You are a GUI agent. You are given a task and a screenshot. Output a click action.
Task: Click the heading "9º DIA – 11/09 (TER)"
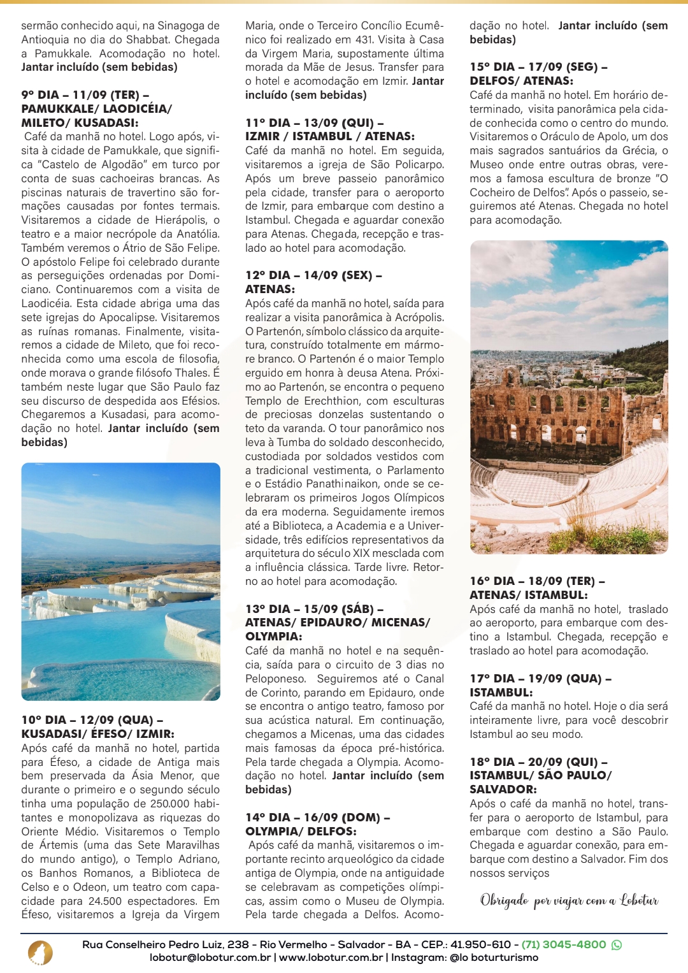pos(85,95)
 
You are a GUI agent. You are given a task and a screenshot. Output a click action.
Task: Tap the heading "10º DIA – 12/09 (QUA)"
pos(92,720)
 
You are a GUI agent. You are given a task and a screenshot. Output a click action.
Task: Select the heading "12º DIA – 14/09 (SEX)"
pos(313,275)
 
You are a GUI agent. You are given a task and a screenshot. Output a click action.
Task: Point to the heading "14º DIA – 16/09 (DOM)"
pos(317,818)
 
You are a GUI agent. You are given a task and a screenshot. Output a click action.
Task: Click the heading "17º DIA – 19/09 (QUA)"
pos(540,679)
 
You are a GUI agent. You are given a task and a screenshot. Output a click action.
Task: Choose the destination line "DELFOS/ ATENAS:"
pos(521,81)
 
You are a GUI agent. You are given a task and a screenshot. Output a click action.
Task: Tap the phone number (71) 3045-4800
pos(563,944)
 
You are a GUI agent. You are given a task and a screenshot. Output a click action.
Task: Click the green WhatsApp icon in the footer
pos(617,945)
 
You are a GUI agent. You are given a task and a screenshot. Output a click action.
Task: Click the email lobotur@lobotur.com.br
pos(210,958)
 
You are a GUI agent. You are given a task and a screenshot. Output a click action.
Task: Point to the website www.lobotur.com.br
pos(331,958)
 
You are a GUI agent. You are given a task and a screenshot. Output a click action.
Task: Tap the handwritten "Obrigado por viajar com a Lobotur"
pos(569,900)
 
